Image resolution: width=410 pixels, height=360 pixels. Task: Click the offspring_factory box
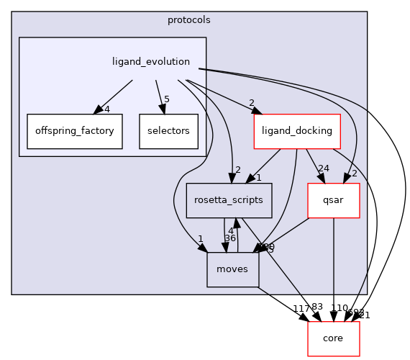click(x=74, y=131)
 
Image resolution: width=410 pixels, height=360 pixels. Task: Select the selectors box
click(x=168, y=131)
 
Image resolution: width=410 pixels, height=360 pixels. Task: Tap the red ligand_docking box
click(x=296, y=131)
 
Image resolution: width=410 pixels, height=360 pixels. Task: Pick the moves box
click(x=232, y=269)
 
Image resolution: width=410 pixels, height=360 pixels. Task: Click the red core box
click(x=333, y=338)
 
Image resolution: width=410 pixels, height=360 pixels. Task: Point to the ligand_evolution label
click(x=151, y=61)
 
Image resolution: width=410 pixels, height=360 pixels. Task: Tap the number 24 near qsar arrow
click(x=324, y=168)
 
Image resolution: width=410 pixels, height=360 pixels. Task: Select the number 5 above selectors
click(x=166, y=99)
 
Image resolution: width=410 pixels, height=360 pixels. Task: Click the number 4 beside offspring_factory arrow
click(x=106, y=109)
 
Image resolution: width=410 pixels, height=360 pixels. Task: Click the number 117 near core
click(x=301, y=308)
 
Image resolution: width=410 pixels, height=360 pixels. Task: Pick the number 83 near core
click(x=318, y=307)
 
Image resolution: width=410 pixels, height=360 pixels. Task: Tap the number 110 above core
click(x=339, y=307)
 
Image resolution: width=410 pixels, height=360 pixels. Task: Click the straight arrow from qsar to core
click(x=333, y=266)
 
